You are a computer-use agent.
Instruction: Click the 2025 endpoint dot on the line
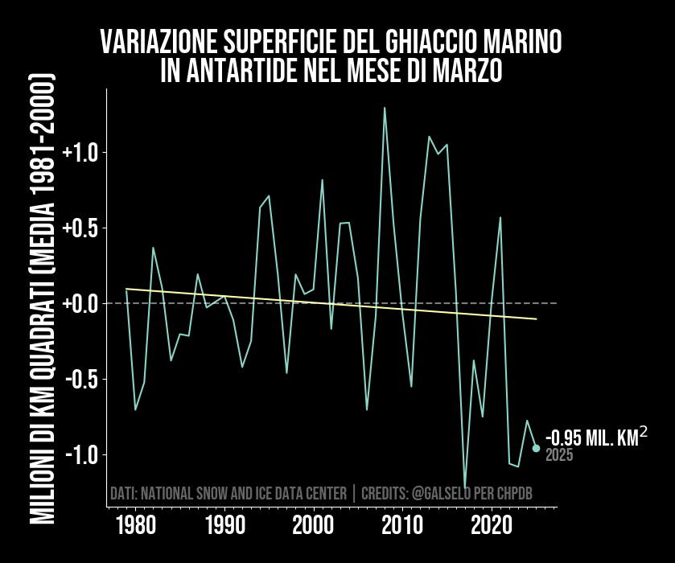pos(536,448)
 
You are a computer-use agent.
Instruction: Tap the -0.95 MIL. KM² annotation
pos(595,438)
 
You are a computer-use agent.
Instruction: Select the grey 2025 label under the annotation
pos(559,455)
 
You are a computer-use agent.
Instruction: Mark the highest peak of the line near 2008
pos(385,107)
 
